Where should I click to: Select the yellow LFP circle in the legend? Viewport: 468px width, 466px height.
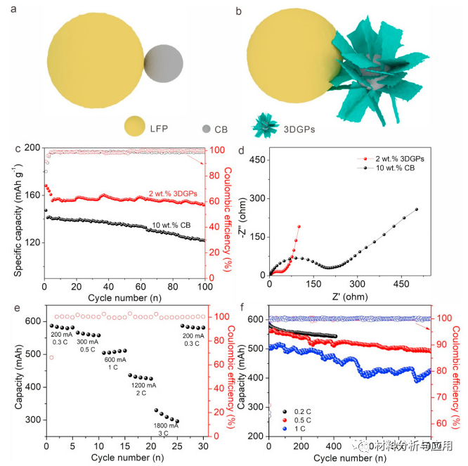pos(138,127)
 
